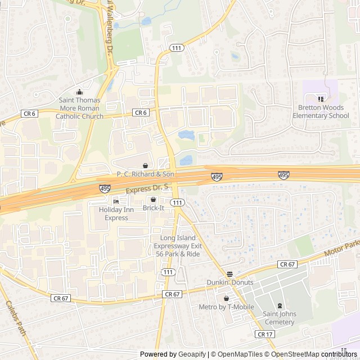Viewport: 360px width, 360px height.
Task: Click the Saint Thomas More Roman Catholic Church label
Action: (79, 108)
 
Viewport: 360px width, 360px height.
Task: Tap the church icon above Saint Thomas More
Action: (79, 92)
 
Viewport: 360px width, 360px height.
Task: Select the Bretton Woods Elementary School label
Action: (321, 111)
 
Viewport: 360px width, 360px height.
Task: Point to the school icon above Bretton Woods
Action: (321, 99)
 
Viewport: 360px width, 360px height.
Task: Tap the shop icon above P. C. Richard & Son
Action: (146, 165)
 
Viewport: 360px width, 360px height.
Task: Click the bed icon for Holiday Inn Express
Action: (116, 201)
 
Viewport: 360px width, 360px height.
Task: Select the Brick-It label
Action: (153, 208)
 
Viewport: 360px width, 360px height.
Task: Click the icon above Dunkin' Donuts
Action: (229, 273)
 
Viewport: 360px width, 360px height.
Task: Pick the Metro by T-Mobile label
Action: (226, 307)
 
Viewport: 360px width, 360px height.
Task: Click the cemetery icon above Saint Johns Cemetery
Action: (280, 305)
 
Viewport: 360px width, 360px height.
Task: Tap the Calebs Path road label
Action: (16, 318)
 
